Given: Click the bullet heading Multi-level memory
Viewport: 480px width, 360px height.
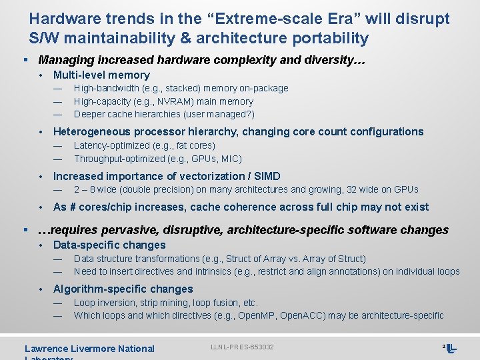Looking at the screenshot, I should click(101, 75).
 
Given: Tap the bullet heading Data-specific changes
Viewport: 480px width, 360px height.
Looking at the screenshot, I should click(109, 245).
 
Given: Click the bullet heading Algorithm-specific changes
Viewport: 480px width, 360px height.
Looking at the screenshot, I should click(123, 289).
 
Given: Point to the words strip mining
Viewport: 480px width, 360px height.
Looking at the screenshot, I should click(164, 303).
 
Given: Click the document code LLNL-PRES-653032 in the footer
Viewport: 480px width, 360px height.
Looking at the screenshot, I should click(242, 347).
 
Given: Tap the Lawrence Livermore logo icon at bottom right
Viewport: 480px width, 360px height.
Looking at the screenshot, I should click(452, 348).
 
